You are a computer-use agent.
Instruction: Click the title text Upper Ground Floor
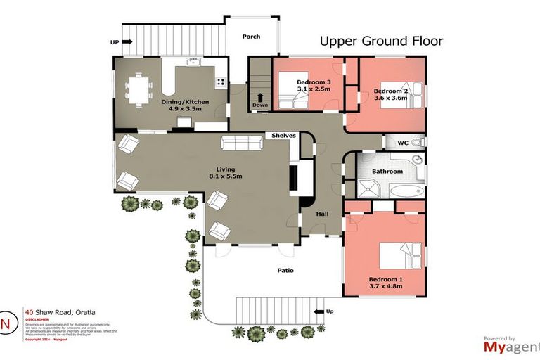tap(381, 41)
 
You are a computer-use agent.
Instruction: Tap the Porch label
tap(251, 37)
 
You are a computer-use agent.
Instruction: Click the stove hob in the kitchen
tap(221, 81)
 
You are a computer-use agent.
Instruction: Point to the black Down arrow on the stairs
tap(260, 98)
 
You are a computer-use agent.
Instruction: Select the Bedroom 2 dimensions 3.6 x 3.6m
tap(391, 100)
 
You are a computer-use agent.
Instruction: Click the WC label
tap(403, 143)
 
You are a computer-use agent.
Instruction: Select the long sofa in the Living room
tap(243, 143)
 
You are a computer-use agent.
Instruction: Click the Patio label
tap(285, 270)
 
